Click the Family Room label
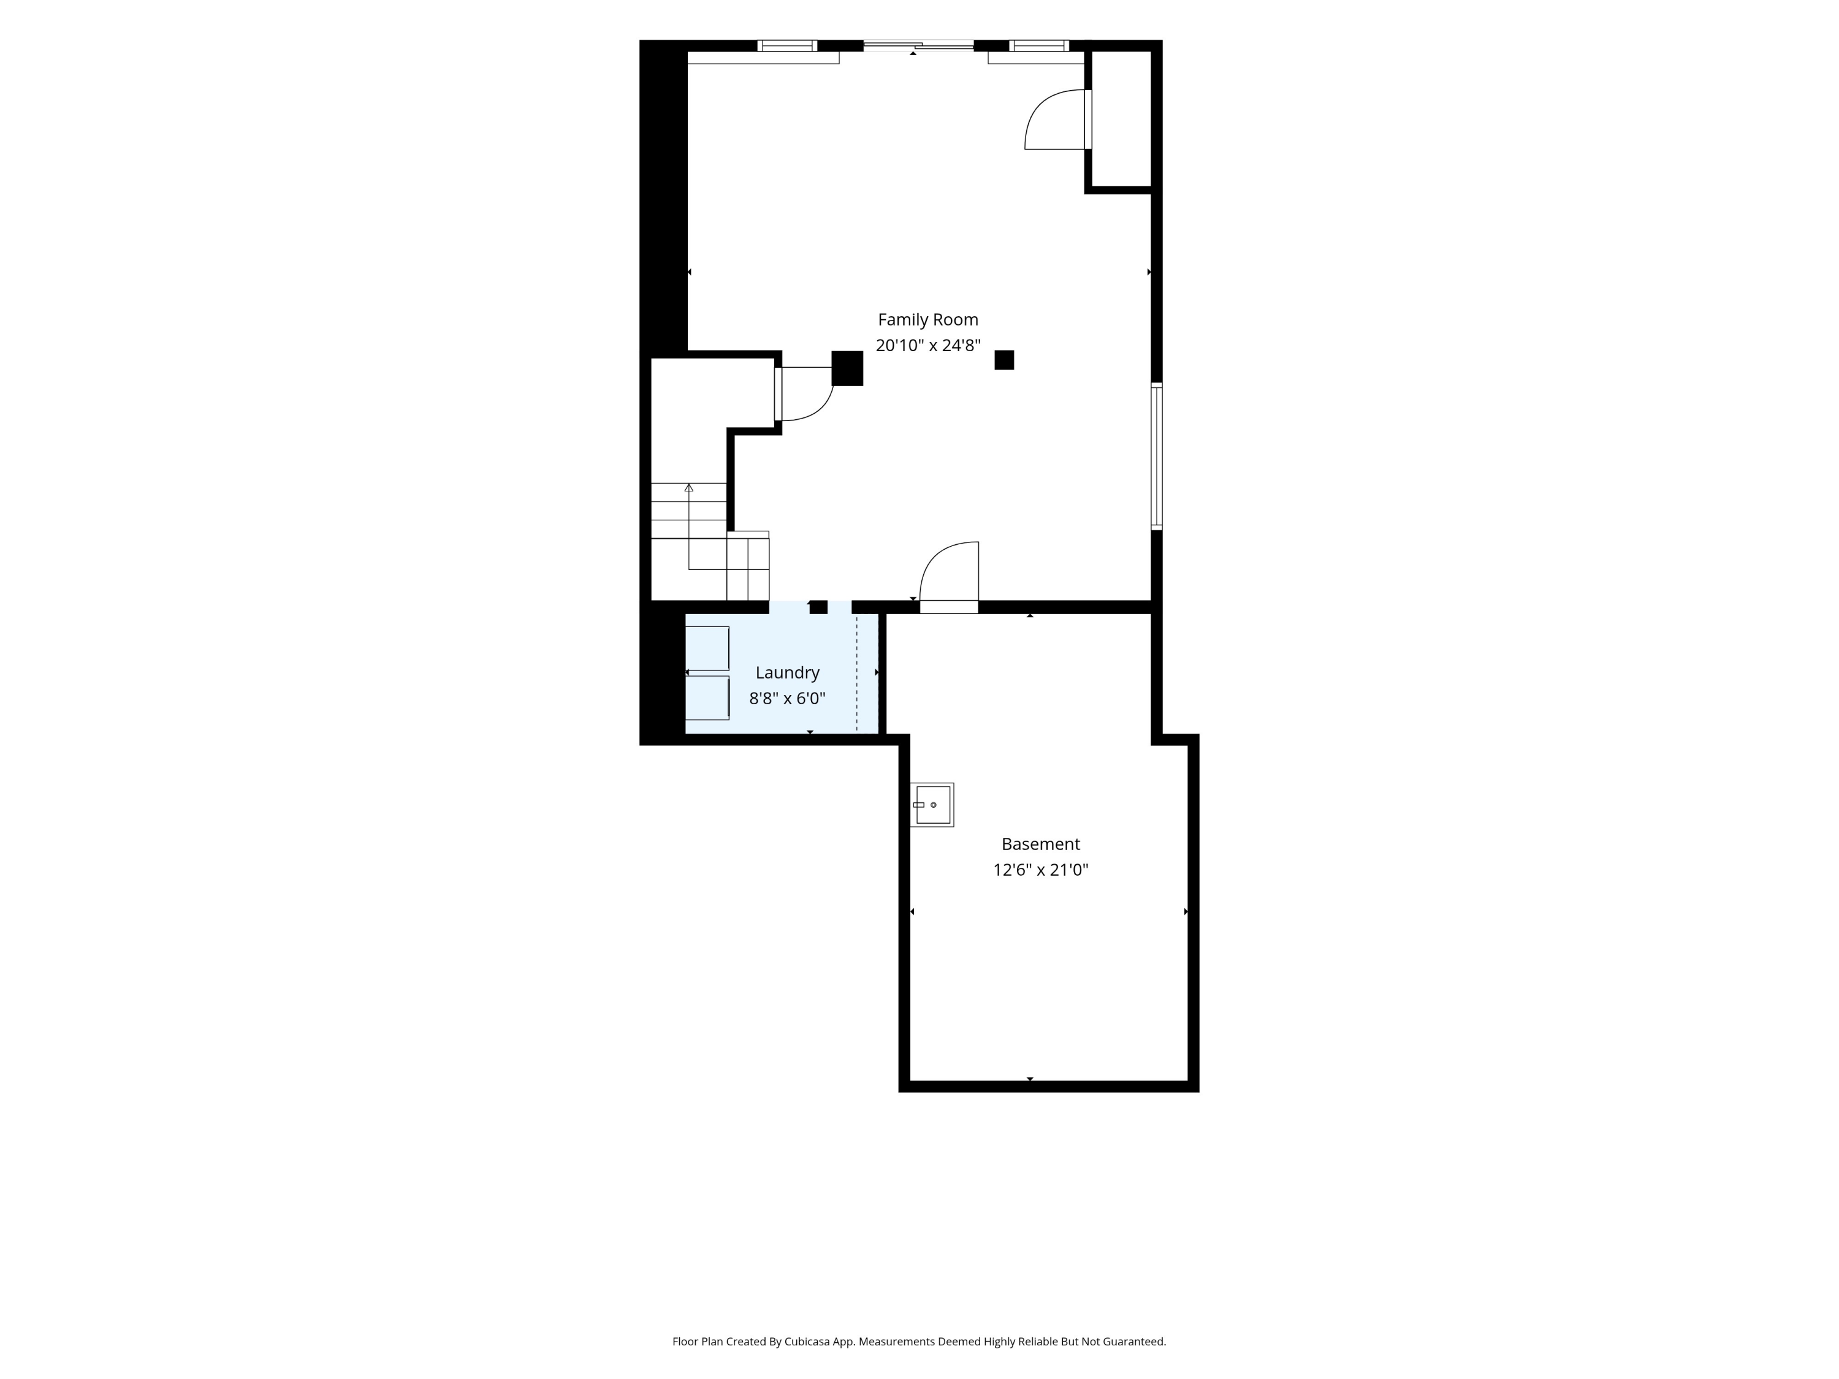(928, 320)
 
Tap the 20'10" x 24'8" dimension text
(928, 345)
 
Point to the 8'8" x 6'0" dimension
(787, 698)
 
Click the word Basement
(1040, 845)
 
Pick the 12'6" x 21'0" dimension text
(1040, 870)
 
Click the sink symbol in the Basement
(932, 805)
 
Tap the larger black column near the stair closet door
(847, 368)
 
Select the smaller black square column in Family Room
(1004, 360)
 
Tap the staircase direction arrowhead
(688, 488)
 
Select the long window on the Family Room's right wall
(1157, 455)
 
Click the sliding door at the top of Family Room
(919, 46)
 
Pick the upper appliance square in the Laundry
(707, 648)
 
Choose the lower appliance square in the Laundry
(707, 698)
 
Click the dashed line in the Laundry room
(857, 674)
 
